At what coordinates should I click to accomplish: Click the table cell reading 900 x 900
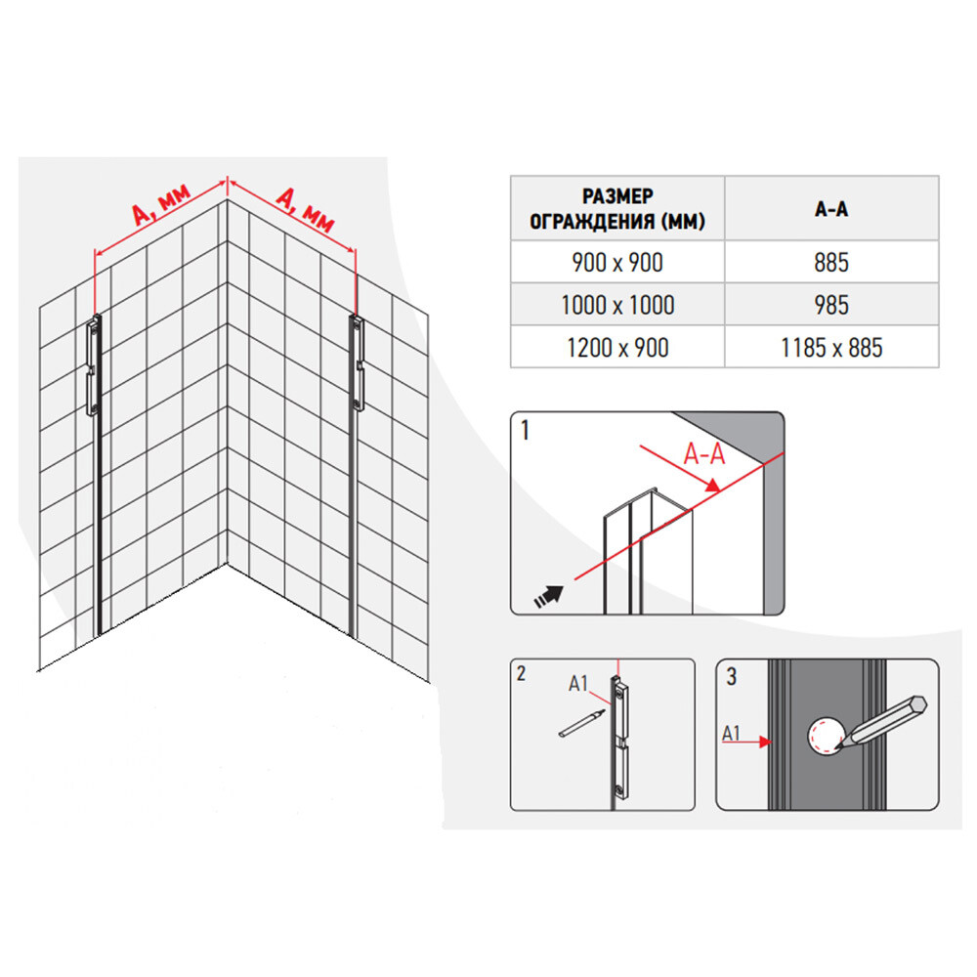click(616, 262)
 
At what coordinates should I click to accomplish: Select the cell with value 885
click(831, 262)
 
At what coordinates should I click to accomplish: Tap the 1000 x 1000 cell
click(616, 305)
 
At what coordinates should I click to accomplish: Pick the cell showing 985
click(831, 305)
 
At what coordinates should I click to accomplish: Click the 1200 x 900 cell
click(616, 347)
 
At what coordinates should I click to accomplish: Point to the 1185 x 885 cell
click(831, 347)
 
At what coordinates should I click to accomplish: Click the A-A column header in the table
click(831, 209)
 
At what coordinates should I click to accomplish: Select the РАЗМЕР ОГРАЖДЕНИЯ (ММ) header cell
click(616, 209)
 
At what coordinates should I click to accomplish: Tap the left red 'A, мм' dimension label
click(161, 204)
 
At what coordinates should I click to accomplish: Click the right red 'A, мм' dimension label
click(305, 209)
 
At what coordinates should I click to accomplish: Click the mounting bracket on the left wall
click(94, 365)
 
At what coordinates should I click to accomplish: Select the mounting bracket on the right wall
click(357, 363)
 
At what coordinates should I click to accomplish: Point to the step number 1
click(525, 430)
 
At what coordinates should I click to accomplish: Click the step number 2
click(521, 673)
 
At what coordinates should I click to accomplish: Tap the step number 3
click(732, 677)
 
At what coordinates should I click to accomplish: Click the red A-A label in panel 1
click(704, 453)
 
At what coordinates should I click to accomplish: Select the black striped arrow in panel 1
click(549, 596)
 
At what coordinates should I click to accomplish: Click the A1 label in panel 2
click(577, 684)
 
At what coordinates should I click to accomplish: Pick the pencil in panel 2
click(582, 723)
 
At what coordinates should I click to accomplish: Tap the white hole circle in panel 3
click(827, 736)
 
